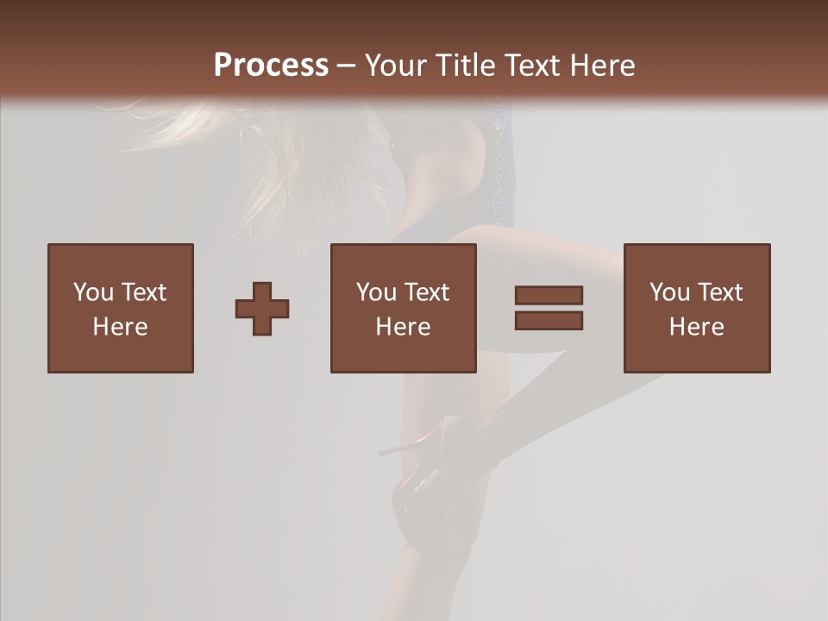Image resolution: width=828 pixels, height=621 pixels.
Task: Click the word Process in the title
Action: pos(271,66)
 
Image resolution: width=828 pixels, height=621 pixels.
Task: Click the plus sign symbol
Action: pos(262,308)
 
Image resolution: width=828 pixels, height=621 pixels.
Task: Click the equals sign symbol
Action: pos(549,308)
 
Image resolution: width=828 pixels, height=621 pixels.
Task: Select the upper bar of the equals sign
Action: pos(549,296)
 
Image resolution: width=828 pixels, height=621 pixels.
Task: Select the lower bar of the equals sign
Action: pos(549,321)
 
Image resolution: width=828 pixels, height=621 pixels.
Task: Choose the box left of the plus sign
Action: pos(121,308)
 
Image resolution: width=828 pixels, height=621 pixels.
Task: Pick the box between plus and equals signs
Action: pos(404,308)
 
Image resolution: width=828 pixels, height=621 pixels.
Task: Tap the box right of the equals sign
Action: pos(697,308)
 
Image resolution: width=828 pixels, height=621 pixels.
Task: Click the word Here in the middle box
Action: pos(404,327)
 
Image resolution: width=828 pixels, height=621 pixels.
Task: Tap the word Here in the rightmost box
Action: pos(697,327)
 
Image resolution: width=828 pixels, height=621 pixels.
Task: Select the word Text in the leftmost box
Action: pos(143,292)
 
